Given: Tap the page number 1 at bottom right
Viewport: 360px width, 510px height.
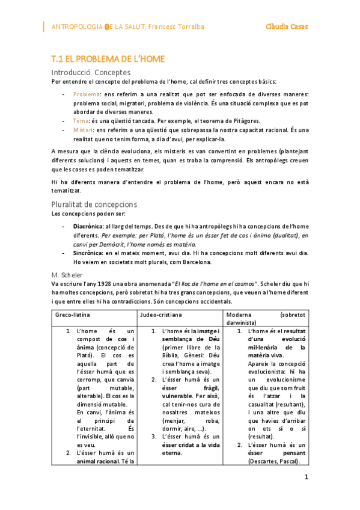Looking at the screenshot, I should point(306,477).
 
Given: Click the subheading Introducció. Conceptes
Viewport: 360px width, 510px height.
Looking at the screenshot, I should point(91,72).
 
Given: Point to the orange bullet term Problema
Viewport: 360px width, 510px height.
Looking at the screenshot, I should point(86,95).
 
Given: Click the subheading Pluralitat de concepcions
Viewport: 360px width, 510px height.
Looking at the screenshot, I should point(95,204).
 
